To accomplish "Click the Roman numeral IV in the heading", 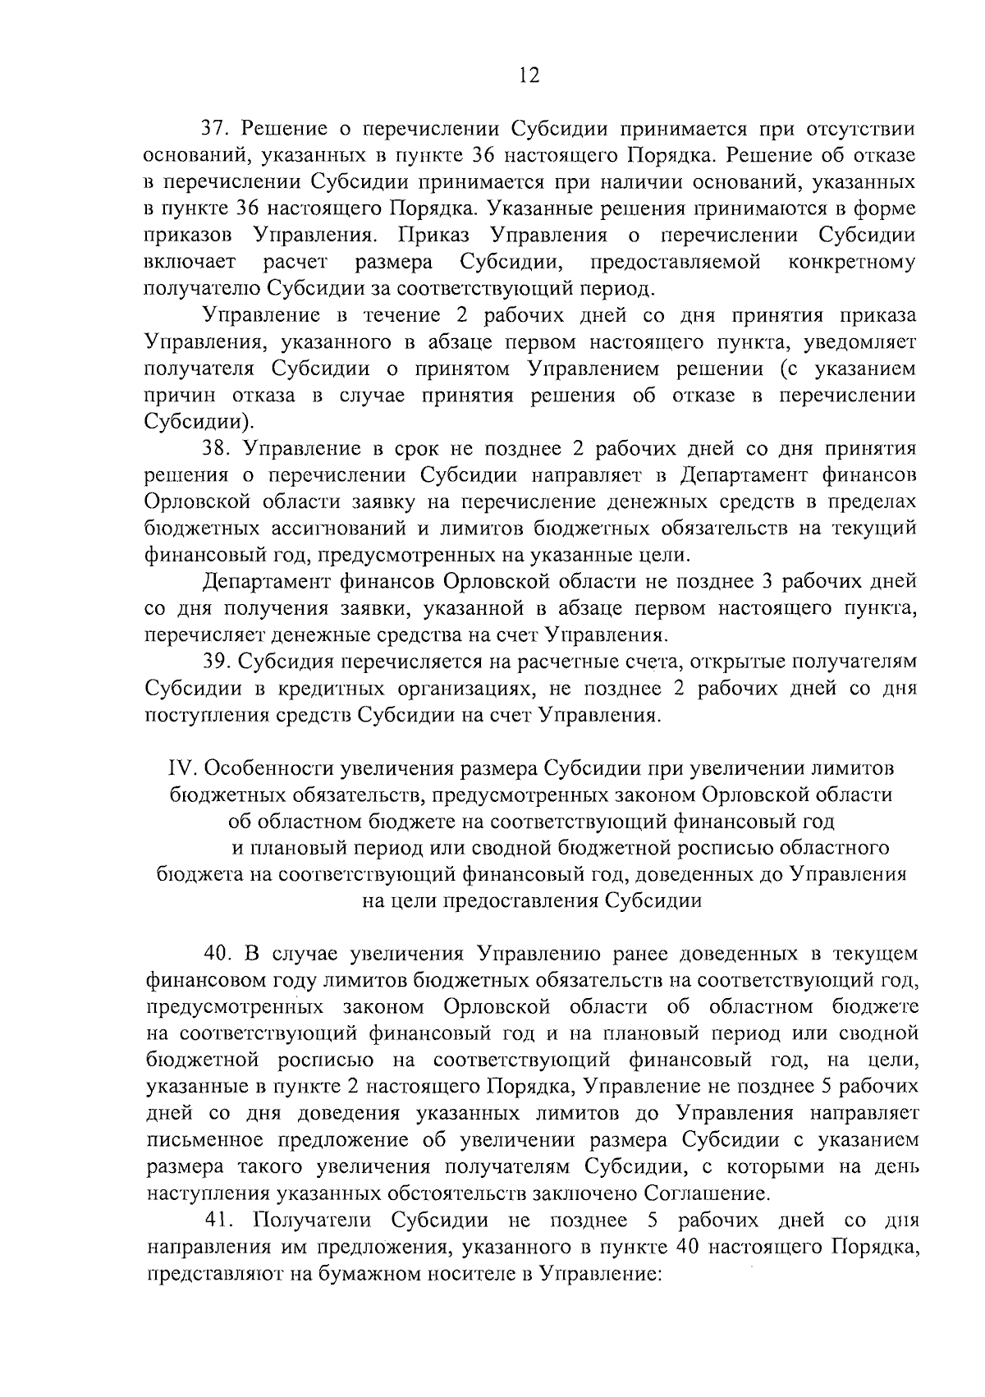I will (179, 768).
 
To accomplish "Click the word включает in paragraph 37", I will (190, 262).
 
